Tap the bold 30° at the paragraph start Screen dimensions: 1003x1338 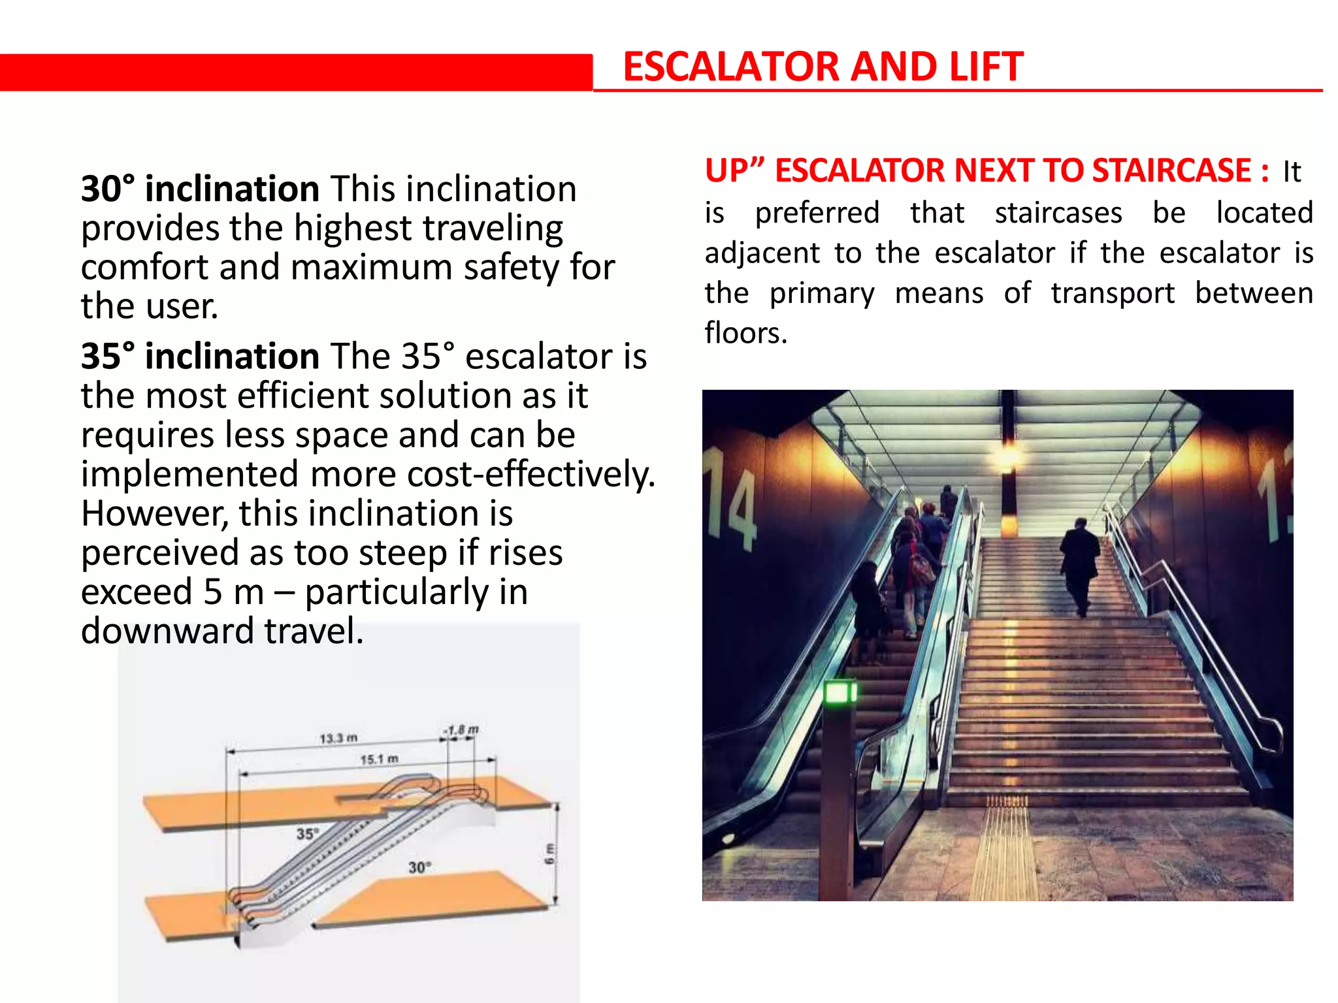(x=108, y=189)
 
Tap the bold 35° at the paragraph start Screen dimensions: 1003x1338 (x=108, y=357)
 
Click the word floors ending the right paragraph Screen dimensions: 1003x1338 (x=745, y=333)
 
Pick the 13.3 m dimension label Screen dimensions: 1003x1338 (x=338, y=738)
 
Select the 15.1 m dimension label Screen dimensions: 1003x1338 (x=379, y=759)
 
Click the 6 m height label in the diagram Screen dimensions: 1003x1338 (x=549, y=853)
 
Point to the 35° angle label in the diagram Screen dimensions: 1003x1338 (x=307, y=834)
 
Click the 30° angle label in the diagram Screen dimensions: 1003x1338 (x=419, y=867)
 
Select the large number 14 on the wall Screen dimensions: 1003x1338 (x=730, y=496)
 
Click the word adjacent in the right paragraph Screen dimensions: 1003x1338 (x=762, y=253)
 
